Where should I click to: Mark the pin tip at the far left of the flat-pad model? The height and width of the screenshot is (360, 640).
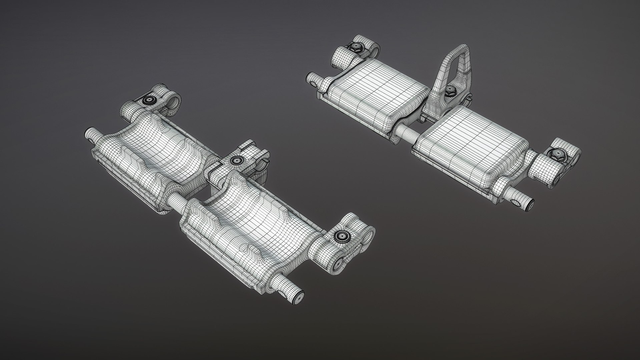coord(312,79)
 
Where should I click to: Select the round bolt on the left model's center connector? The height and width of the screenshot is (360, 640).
coord(237,160)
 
